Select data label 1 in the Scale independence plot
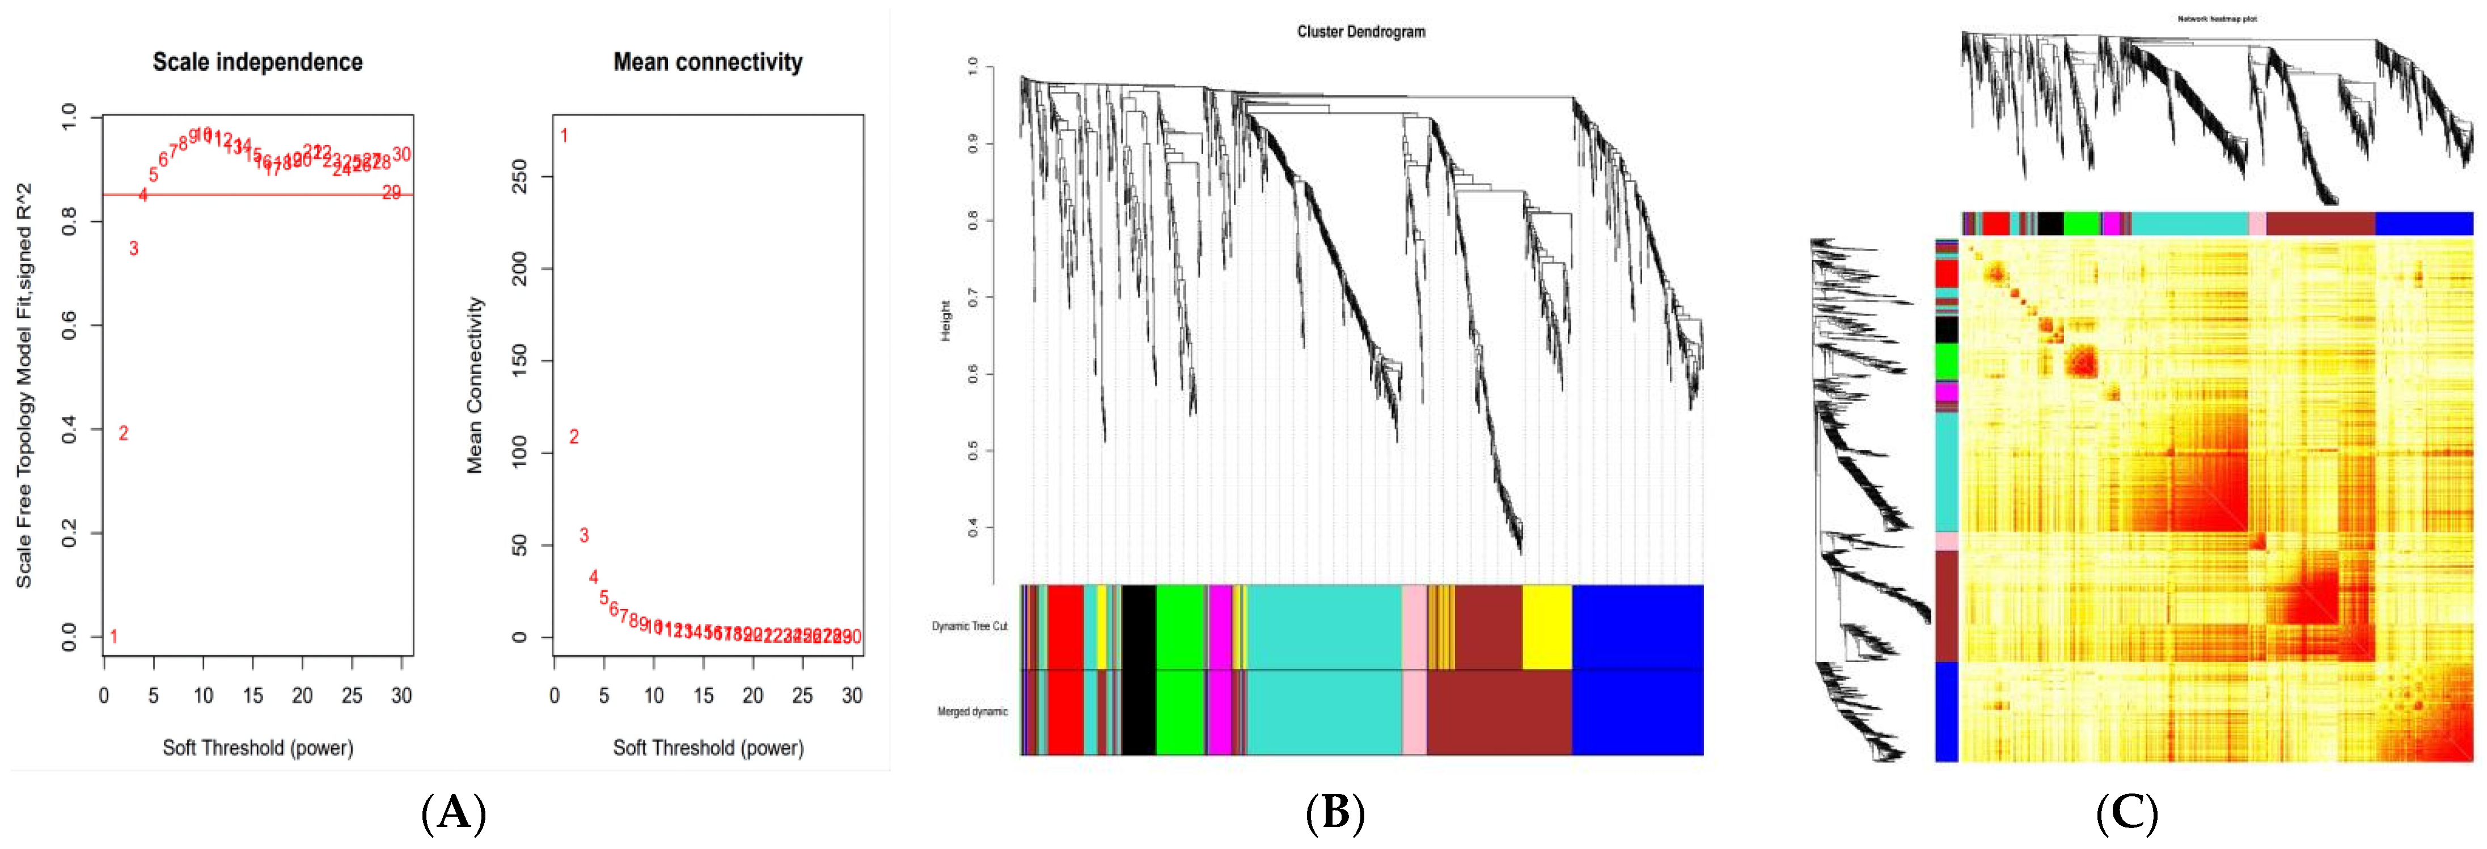114,637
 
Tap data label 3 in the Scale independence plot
133,249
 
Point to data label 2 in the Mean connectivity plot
573,437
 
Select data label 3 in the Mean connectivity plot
583,535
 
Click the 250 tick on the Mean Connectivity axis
519,177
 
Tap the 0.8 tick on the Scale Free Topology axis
70,222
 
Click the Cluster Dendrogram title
1360,32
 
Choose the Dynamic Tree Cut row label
969,626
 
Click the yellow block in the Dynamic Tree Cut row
1547,626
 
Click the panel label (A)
453,813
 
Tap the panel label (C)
2127,813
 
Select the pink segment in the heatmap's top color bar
2257,224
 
